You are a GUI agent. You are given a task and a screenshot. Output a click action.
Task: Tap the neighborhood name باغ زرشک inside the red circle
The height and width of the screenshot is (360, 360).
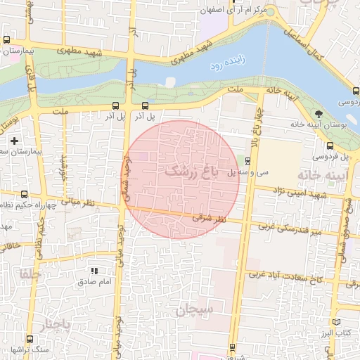coord(191,171)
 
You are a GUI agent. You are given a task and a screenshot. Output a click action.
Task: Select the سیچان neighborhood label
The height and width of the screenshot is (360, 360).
coord(195,310)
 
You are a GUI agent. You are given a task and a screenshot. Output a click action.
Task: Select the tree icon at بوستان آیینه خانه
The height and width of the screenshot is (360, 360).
coord(320,113)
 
